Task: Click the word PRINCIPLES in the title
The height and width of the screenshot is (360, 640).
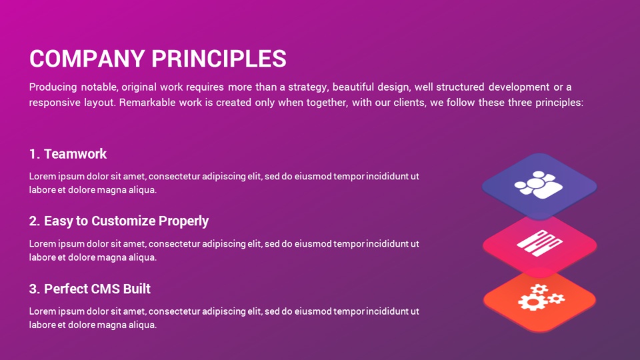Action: pyautogui.click(x=219, y=59)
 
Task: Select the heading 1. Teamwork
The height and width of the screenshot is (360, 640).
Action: pyautogui.click(x=67, y=154)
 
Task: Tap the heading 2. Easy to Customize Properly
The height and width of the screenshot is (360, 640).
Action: pyautogui.click(x=119, y=221)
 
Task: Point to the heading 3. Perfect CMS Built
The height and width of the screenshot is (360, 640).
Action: pyautogui.click(x=89, y=289)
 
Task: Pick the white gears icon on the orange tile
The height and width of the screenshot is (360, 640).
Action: pyautogui.click(x=539, y=297)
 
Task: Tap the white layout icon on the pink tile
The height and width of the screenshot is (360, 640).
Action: pyautogui.click(x=538, y=241)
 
